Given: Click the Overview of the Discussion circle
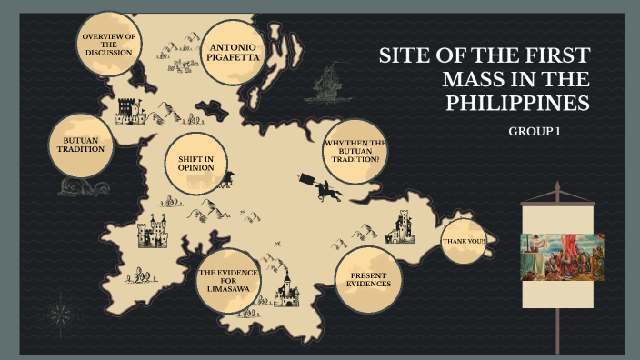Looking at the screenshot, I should [108, 45].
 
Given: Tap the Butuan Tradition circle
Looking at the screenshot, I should [81, 145].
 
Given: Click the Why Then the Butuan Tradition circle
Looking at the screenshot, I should [355, 152].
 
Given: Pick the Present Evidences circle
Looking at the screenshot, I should [368, 278].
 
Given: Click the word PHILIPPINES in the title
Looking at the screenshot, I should [517, 104].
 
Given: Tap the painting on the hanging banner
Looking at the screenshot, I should [556, 255].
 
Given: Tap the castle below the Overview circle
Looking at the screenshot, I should [131, 112].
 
